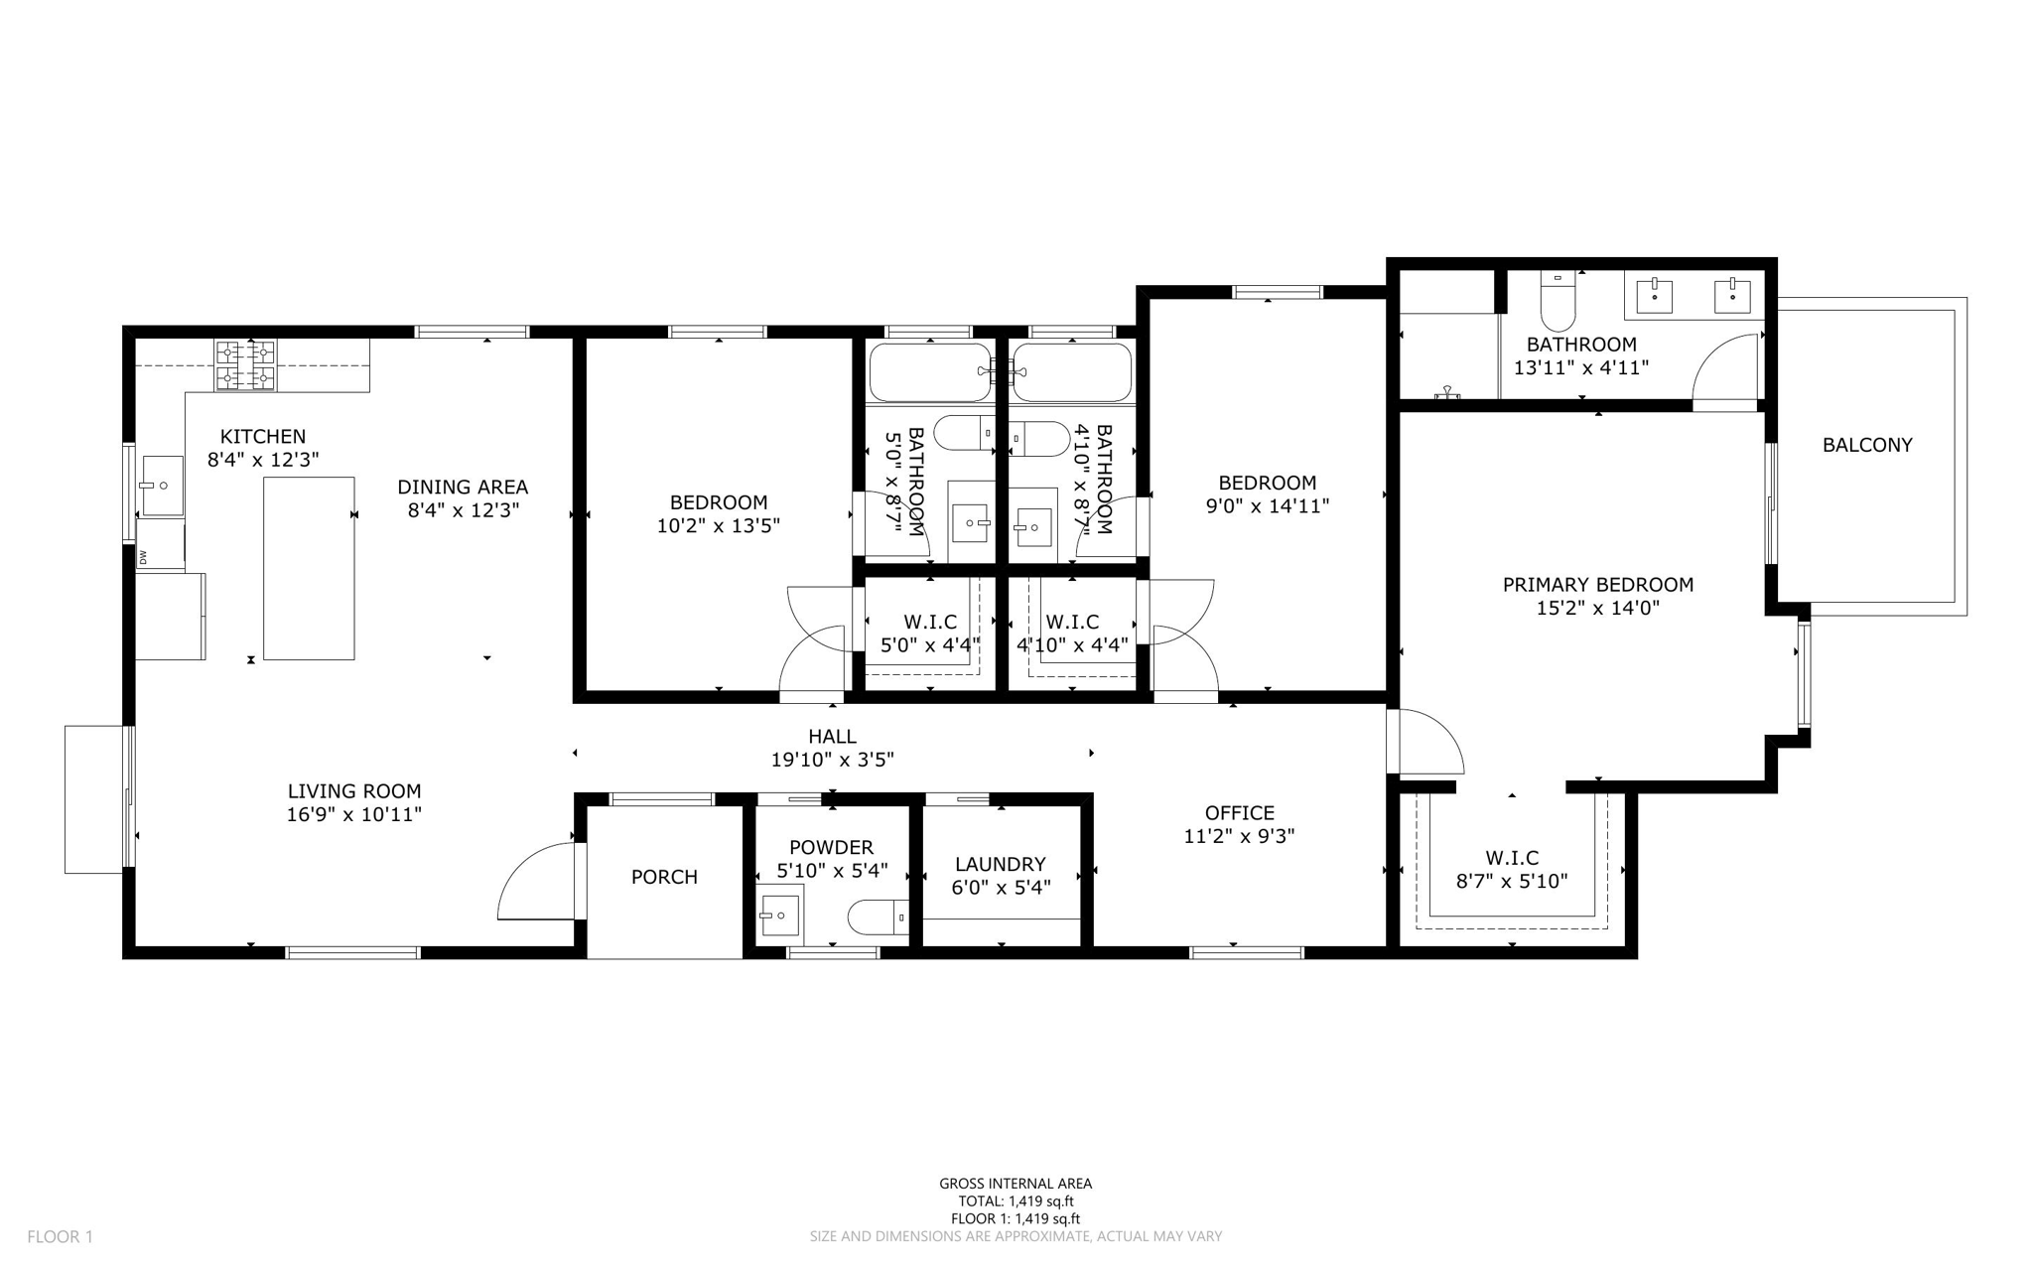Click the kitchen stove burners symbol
[245, 364]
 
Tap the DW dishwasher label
[143, 557]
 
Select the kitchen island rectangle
[309, 568]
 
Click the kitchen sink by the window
[162, 486]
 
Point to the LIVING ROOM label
[354, 791]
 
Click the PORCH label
[664, 877]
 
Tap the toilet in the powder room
[878, 917]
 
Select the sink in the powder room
[779, 915]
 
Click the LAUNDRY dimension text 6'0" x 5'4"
[1000, 887]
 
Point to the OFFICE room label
[1239, 812]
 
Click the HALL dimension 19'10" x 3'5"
[832, 760]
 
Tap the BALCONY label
[1866, 445]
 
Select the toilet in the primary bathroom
[1558, 302]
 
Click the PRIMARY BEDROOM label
[1597, 585]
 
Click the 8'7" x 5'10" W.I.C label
[1511, 881]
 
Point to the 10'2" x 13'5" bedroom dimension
[718, 526]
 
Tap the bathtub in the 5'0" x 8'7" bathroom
[930, 372]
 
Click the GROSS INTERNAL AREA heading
[1015, 1183]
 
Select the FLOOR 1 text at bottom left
[60, 1236]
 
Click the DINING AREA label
[463, 487]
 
